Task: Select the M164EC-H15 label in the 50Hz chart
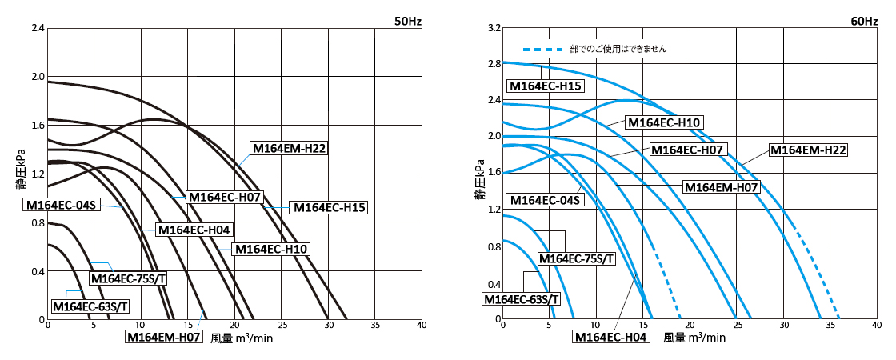coord(330,207)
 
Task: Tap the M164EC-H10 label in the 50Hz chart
coord(271,249)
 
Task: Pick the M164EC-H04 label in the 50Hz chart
coord(194,230)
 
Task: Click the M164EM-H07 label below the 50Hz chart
coord(164,337)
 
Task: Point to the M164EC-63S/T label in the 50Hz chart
coord(90,306)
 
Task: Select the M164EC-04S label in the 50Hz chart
coord(61,205)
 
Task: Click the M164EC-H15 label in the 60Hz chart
coord(546,86)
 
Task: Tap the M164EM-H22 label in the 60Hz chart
coord(807,150)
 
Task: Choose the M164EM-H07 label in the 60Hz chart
coord(721,187)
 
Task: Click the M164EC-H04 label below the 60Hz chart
coord(611,337)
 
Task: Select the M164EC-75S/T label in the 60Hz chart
coord(577,258)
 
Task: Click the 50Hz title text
coord(408,21)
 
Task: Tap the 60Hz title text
coord(863,21)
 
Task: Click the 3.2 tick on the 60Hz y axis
coord(494,29)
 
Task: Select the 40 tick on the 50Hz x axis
coord(422,326)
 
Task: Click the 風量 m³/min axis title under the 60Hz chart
coord(692,338)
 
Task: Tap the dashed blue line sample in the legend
coord(542,49)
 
